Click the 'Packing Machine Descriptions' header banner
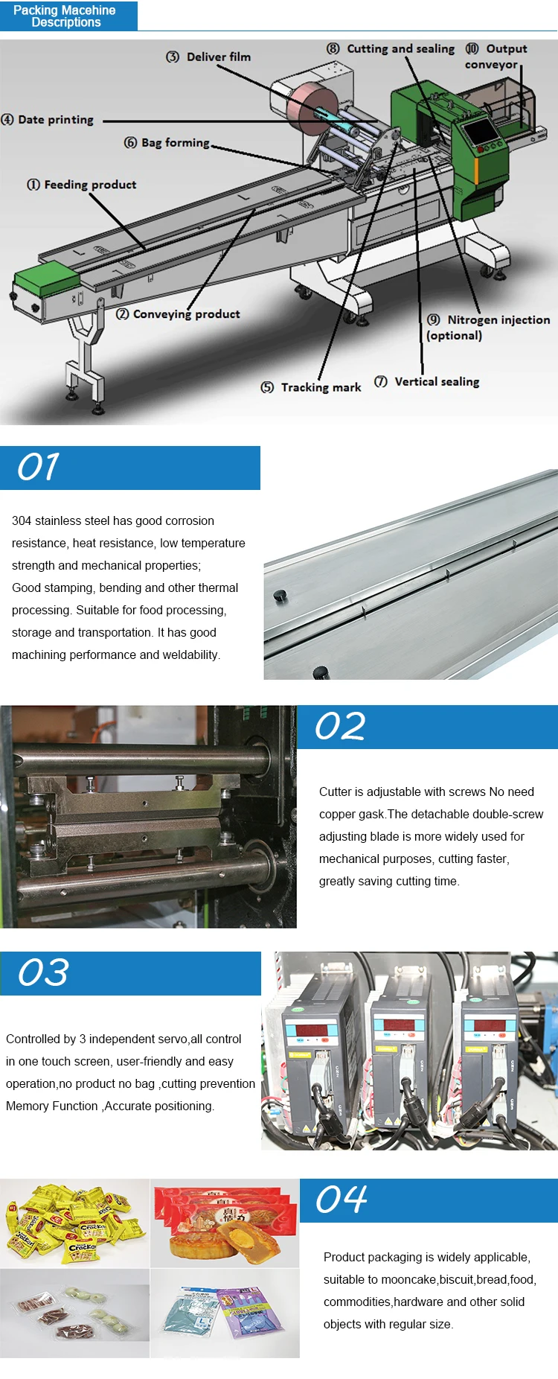point(68,16)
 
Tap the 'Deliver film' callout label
point(208,57)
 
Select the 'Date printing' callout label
point(48,119)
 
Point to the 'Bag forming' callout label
point(167,142)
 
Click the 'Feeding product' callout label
point(82,185)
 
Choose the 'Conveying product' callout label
point(178,314)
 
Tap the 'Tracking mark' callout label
point(311,387)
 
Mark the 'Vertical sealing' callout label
point(426,381)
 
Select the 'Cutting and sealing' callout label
point(391,48)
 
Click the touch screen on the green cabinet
point(480,131)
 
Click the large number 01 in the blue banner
point(38,467)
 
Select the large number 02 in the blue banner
point(340,726)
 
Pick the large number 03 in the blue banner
point(43,972)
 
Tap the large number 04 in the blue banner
point(341,1200)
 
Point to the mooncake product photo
point(225,1223)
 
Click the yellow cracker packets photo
point(74,1223)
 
